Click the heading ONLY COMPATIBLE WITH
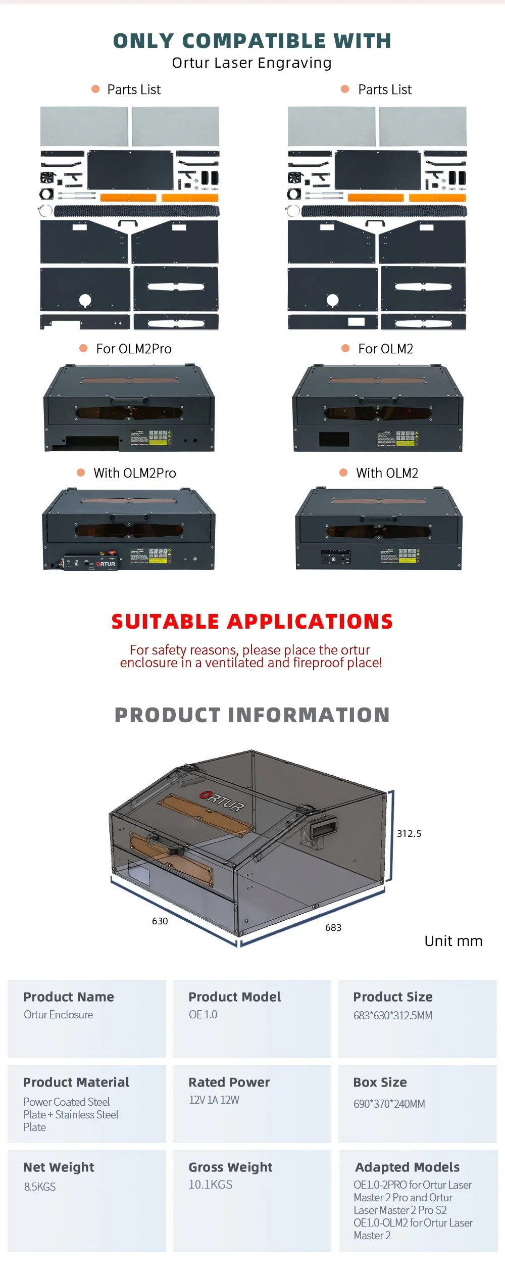252,41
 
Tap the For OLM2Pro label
134,349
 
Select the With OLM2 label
387,473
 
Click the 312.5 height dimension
409,833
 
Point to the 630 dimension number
160,921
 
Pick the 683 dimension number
333,927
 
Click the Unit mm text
453,941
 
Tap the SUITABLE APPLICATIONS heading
252,621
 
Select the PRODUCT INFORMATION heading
252,715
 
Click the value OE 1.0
203,1014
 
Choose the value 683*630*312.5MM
393,1015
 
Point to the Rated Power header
229,1082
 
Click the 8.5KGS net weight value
40,1187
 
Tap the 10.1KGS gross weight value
211,1184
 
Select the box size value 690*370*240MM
389,1104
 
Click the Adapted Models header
408,1167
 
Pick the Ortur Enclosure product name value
59,1014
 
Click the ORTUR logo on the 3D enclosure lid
222,800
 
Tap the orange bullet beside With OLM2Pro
81,473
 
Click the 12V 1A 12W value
214,1100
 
